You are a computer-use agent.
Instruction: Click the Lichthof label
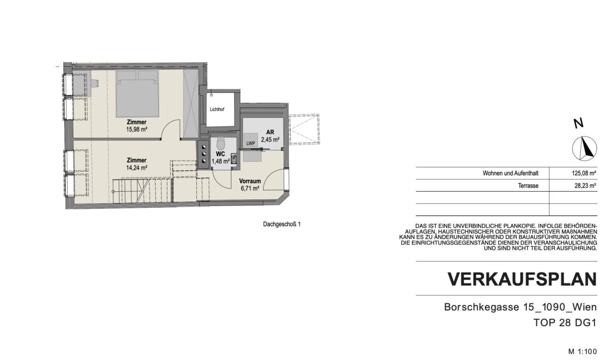pos(217,110)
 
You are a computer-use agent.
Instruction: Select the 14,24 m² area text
pos(136,167)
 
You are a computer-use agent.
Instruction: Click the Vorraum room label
pos(250,181)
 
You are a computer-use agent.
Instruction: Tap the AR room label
pos(270,132)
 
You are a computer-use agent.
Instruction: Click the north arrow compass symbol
pos(584,148)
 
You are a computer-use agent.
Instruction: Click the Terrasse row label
pos(528,186)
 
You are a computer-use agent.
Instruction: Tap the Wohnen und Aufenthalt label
pos(510,173)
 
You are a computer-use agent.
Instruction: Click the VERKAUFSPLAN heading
pos(522,279)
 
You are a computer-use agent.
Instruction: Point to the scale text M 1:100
pos(582,352)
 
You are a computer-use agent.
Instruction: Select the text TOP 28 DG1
pos(565,323)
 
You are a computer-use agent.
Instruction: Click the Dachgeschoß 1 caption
pos(281,224)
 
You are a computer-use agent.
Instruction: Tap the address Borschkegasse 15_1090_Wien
pos(520,307)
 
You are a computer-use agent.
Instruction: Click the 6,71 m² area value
pos(250,188)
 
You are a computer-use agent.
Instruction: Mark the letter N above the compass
pos(578,124)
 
